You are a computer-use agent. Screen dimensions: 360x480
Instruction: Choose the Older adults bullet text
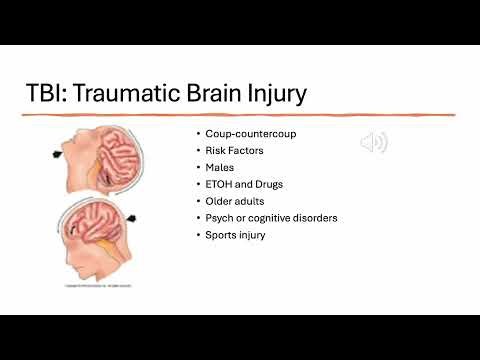(232, 201)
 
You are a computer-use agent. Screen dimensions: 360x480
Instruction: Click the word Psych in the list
(219, 218)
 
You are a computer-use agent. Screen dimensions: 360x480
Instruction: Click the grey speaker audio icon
(374, 143)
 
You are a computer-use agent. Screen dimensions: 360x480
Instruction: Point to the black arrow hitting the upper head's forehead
(56, 154)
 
